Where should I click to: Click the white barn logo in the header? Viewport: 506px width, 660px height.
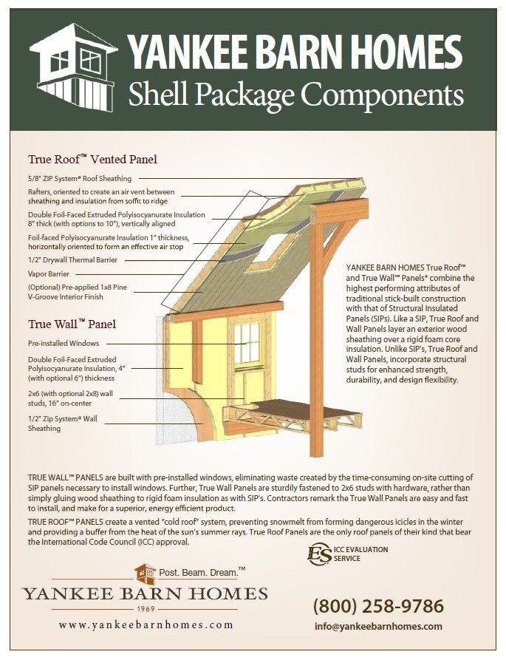pyautogui.click(x=72, y=67)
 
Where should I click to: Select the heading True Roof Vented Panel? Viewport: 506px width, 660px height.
pyautogui.click(x=92, y=159)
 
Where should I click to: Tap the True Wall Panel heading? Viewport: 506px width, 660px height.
pyautogui.click(x=72, y=324)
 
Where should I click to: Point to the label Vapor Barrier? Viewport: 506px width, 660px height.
pyautogui.click(x=49, y=274)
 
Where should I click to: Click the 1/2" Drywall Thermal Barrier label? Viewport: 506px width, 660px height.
pyautogui.click(x=73, y=260)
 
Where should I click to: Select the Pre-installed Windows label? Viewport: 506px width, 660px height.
pyautogui.click(x=64, y=344)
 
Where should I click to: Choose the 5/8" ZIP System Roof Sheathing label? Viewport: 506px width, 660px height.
pyautogui.click(x=80, y=178)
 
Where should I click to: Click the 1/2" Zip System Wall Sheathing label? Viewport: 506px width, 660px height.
pyautogui.click(x=63, y=423)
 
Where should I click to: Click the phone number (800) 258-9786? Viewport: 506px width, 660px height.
pyautogui.click(x=378, y=607)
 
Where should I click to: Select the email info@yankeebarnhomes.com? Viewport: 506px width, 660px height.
pyautogui.click(x=378, y=626)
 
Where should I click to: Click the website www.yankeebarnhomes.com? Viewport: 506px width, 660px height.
pyautogui.click(x=146, y=625)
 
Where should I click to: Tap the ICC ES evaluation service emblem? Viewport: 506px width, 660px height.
pyautogui.click(x=320, y=554)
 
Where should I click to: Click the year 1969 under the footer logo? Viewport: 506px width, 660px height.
pyautogui.click(x=146, y=609)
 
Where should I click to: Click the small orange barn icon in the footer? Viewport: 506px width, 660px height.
pyautogui.click(x=145, y=574)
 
